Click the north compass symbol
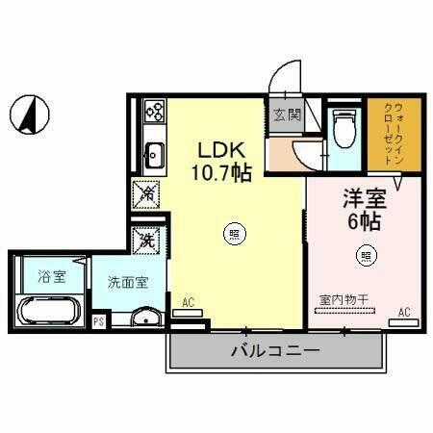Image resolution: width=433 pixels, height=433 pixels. point(29,115)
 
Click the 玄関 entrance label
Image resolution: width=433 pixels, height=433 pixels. point(287,116)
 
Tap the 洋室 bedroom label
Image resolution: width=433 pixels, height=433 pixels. point(365,200)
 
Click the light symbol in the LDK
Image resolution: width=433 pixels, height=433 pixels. point(234,232)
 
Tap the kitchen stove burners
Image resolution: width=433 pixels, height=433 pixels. point(153,112)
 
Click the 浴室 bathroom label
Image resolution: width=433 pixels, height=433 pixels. point(51,278)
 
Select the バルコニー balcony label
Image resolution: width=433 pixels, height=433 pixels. point(273,351)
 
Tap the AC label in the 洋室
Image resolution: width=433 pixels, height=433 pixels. point(404,310)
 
